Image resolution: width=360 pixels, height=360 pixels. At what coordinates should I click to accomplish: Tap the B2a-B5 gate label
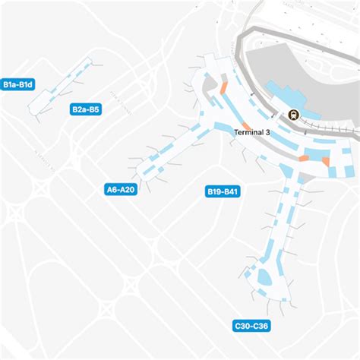click(86, 109)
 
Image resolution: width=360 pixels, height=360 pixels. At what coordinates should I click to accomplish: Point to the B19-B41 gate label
click(223, 192)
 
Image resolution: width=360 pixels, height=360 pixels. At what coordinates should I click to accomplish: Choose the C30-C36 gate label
click(251, 327)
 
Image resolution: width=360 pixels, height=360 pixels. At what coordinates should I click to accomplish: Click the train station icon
click(292, 115)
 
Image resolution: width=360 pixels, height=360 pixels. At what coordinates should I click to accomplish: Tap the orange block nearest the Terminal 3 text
click(245, 125)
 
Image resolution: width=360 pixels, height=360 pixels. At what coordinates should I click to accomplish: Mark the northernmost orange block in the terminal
click(223, 90)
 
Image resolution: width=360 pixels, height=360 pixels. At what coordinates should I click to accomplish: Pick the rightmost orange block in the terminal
click(326, 160)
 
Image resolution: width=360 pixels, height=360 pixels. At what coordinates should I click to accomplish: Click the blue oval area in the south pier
click(264, 278)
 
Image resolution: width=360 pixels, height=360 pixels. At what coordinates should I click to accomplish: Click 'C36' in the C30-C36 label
click(261, 327)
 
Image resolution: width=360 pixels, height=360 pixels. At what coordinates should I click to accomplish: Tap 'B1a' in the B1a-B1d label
click(11, 84)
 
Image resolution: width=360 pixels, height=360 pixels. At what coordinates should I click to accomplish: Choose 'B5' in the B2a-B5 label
click(94, 109)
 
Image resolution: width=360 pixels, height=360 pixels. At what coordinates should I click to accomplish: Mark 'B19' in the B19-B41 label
click(215, 192)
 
